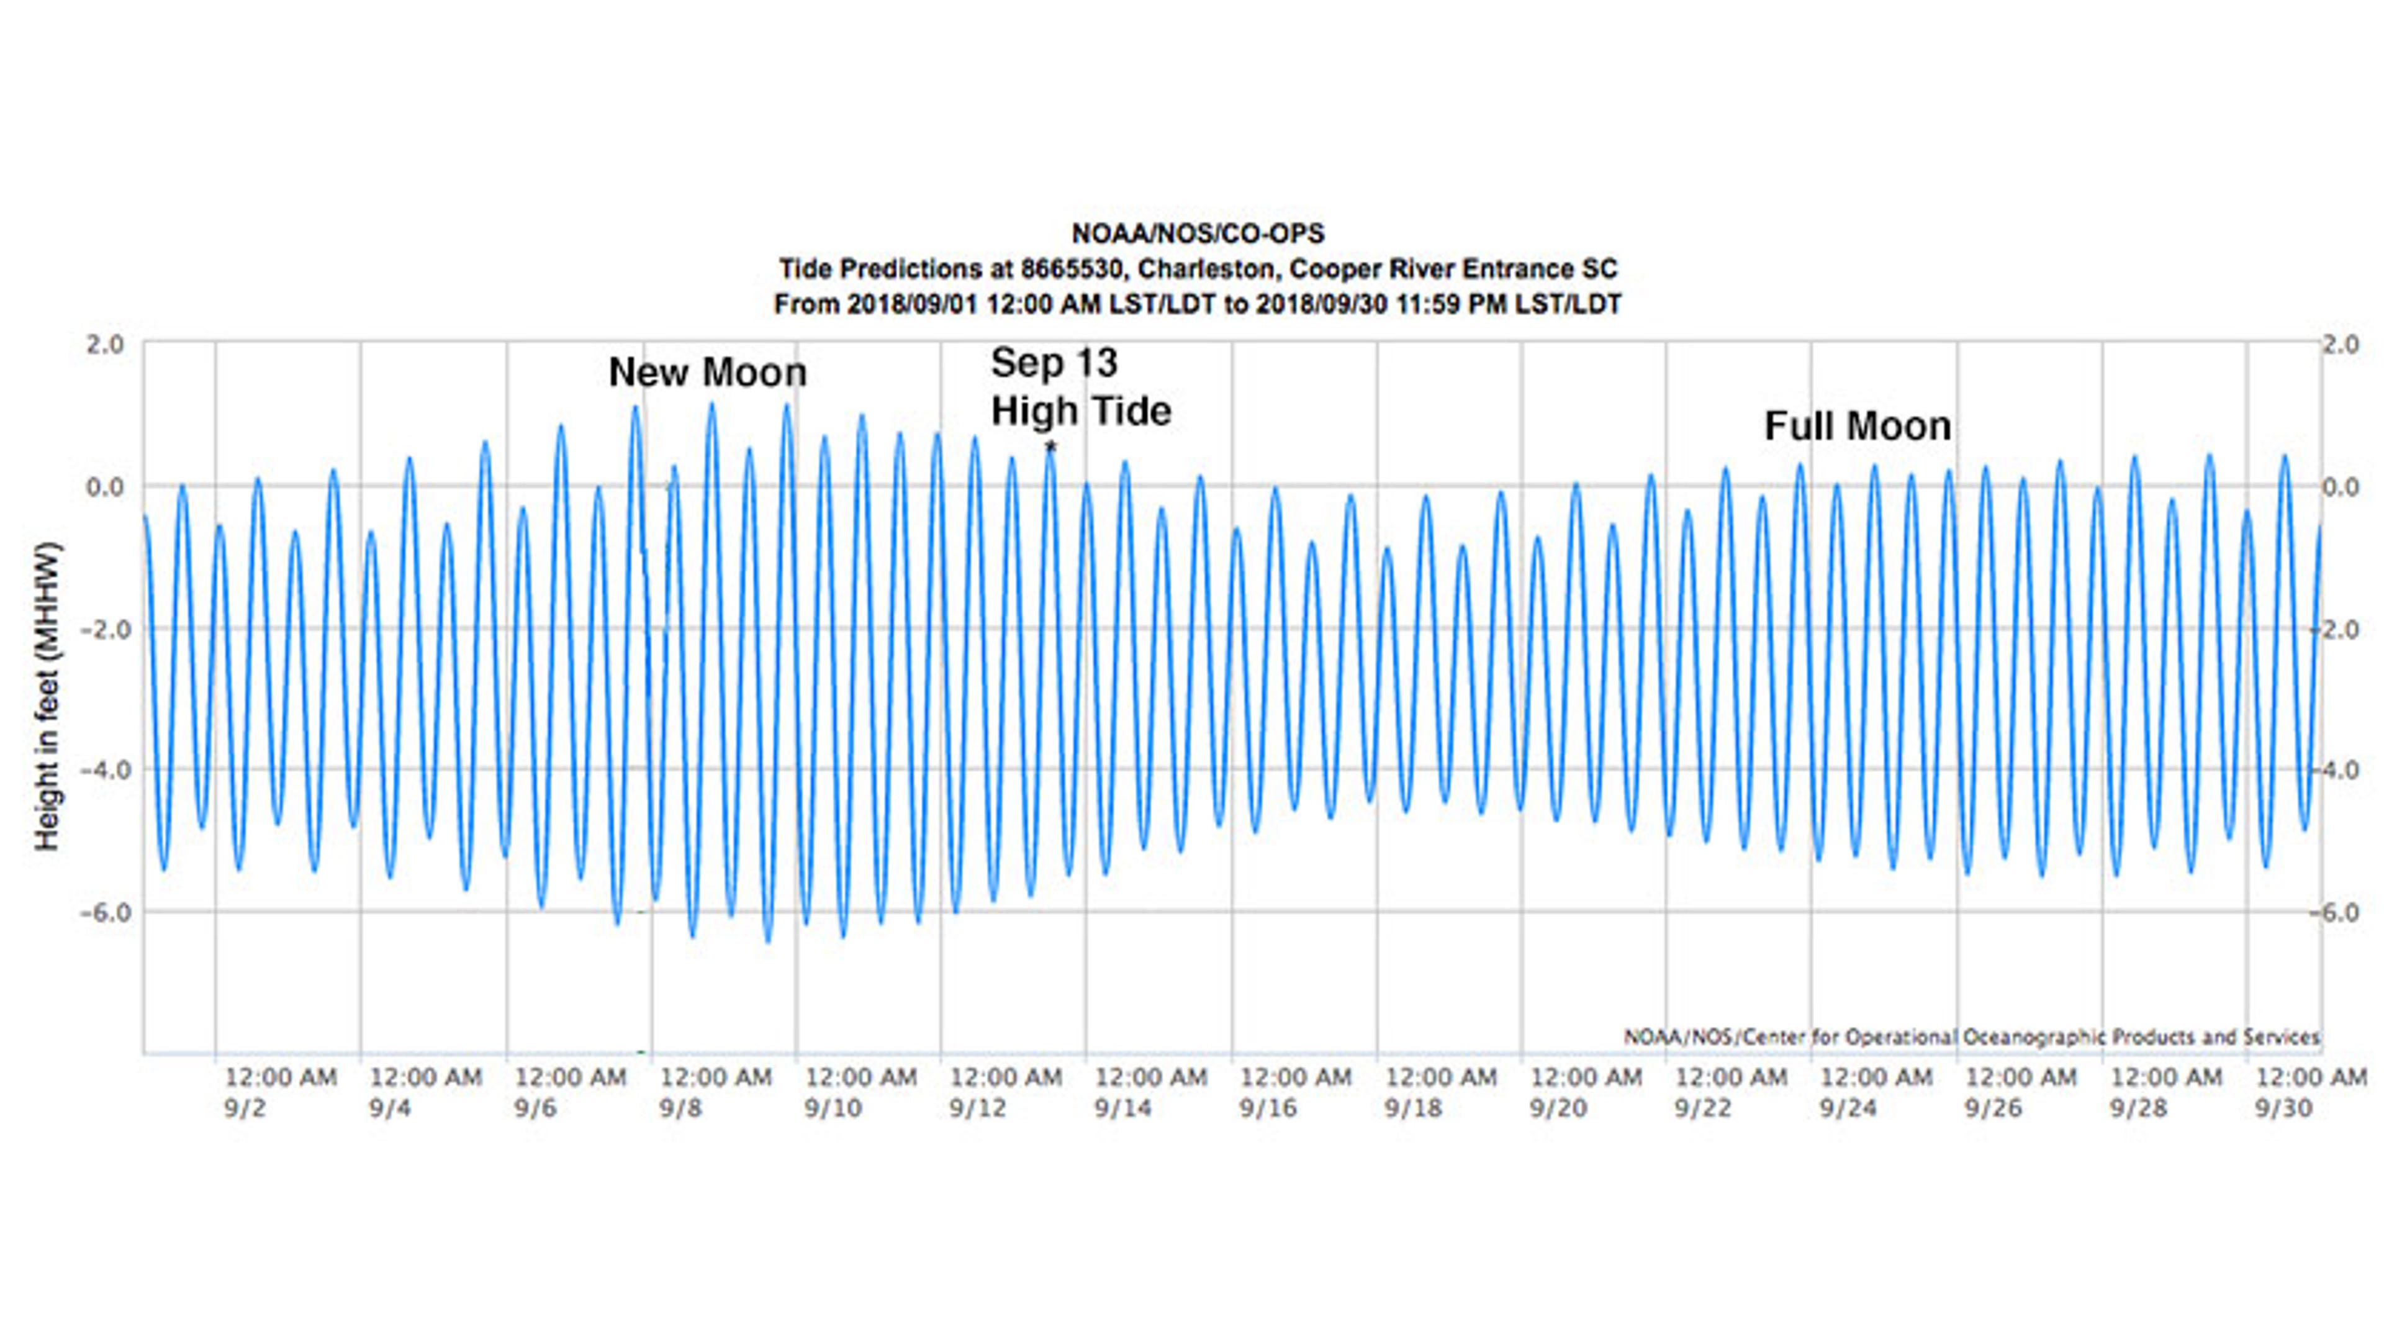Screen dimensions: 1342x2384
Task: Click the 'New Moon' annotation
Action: [707, 373]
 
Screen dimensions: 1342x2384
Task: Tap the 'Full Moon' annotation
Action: [1858, 427]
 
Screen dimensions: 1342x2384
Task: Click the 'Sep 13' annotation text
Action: [1054, 363]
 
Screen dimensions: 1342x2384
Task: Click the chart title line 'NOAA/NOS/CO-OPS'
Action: [1198, 234]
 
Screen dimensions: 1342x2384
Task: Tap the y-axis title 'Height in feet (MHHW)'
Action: [47, 697]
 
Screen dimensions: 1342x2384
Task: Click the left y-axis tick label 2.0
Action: [104, 344]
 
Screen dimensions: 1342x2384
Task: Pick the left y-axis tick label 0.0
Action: [104, 487]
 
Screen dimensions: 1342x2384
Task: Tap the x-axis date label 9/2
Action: [245, 1109]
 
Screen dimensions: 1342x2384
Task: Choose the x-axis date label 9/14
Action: [1122, 1109]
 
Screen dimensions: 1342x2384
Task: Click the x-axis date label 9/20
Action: [1558, 1109]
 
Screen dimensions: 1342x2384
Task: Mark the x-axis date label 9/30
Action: [2283, 1109]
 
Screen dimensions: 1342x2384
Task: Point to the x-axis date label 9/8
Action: [680, 1109]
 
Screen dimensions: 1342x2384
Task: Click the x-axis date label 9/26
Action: [1993, 1109]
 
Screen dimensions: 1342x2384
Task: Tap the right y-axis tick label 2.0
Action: [2341, 344]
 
